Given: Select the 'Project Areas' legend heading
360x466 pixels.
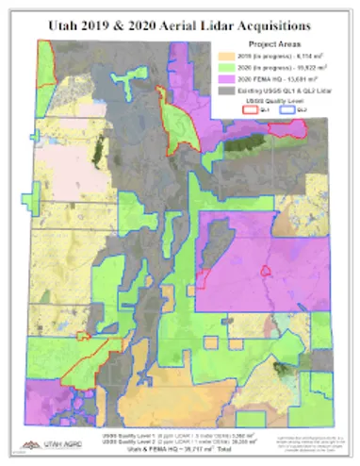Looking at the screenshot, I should (272, 44).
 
